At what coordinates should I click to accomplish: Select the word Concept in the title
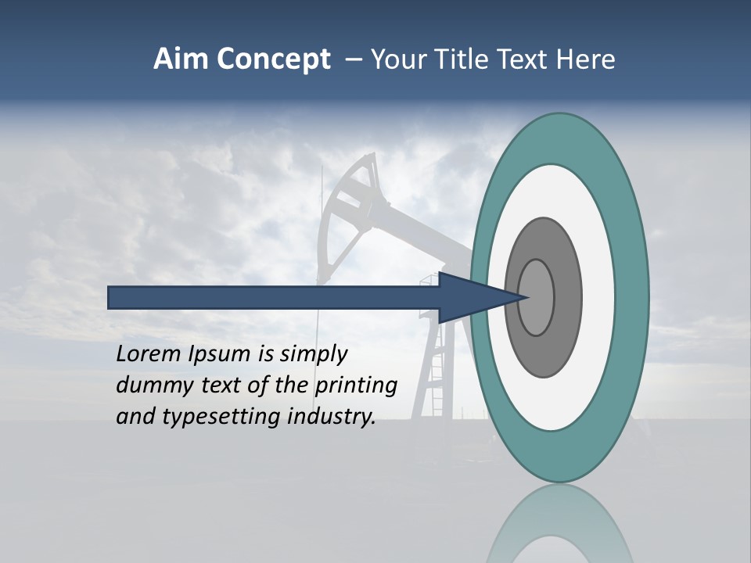273,60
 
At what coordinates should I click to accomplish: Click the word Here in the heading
586,59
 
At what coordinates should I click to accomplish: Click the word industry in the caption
332,416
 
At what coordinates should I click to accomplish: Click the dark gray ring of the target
569,297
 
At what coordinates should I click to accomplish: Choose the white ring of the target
598,297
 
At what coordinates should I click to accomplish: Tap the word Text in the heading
528,59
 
